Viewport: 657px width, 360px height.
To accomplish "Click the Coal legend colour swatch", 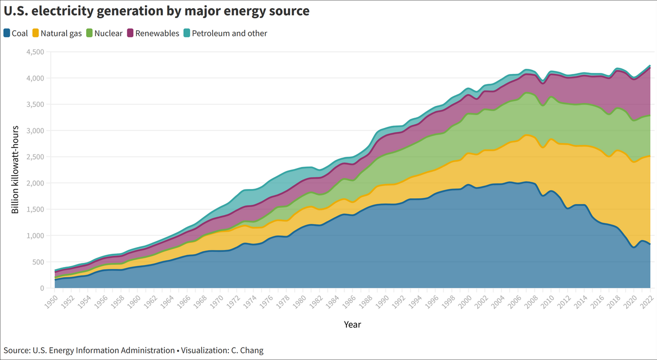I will [x=7, y=33].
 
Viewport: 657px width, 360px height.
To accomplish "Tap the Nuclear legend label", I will [x=108, y=33].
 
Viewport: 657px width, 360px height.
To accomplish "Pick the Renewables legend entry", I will [x=158, y=33].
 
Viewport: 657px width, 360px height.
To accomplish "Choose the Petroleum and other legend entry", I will [x=229, y=33].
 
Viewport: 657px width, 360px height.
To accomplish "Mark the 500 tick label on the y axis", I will [x=38, y=262].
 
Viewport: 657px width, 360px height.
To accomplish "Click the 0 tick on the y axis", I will [x=43, y=288].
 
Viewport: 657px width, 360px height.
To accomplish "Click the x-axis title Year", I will [x=352, y=325].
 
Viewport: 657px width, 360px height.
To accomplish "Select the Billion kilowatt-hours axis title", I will [x=15, y=169].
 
